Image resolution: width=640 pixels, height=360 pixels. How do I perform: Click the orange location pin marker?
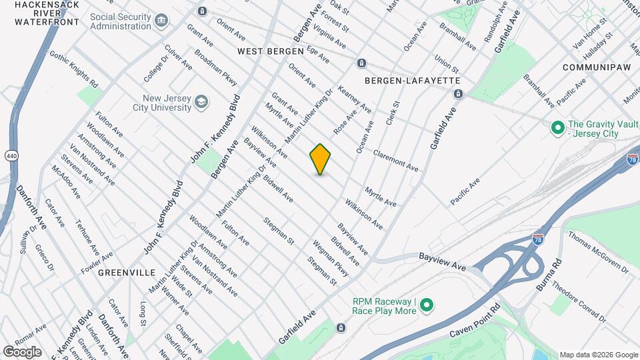[320, 159]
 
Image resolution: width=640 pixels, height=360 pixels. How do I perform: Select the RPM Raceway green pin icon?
[426, 306]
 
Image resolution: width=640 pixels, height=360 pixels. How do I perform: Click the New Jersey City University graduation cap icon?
[201, 103]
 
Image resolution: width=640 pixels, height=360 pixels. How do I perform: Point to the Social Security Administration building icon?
[161, 21]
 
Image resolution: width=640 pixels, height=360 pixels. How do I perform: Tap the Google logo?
[22, 351]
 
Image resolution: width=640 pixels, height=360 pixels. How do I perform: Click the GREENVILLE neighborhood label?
[127, 273]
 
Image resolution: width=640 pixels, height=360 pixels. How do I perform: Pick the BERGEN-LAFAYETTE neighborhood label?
[413, 80]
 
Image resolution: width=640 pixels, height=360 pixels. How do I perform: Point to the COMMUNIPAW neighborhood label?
[591, 67]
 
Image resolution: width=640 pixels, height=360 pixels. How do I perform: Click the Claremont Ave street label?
[396, 160]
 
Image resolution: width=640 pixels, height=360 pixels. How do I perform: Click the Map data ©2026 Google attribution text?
[598, 355]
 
